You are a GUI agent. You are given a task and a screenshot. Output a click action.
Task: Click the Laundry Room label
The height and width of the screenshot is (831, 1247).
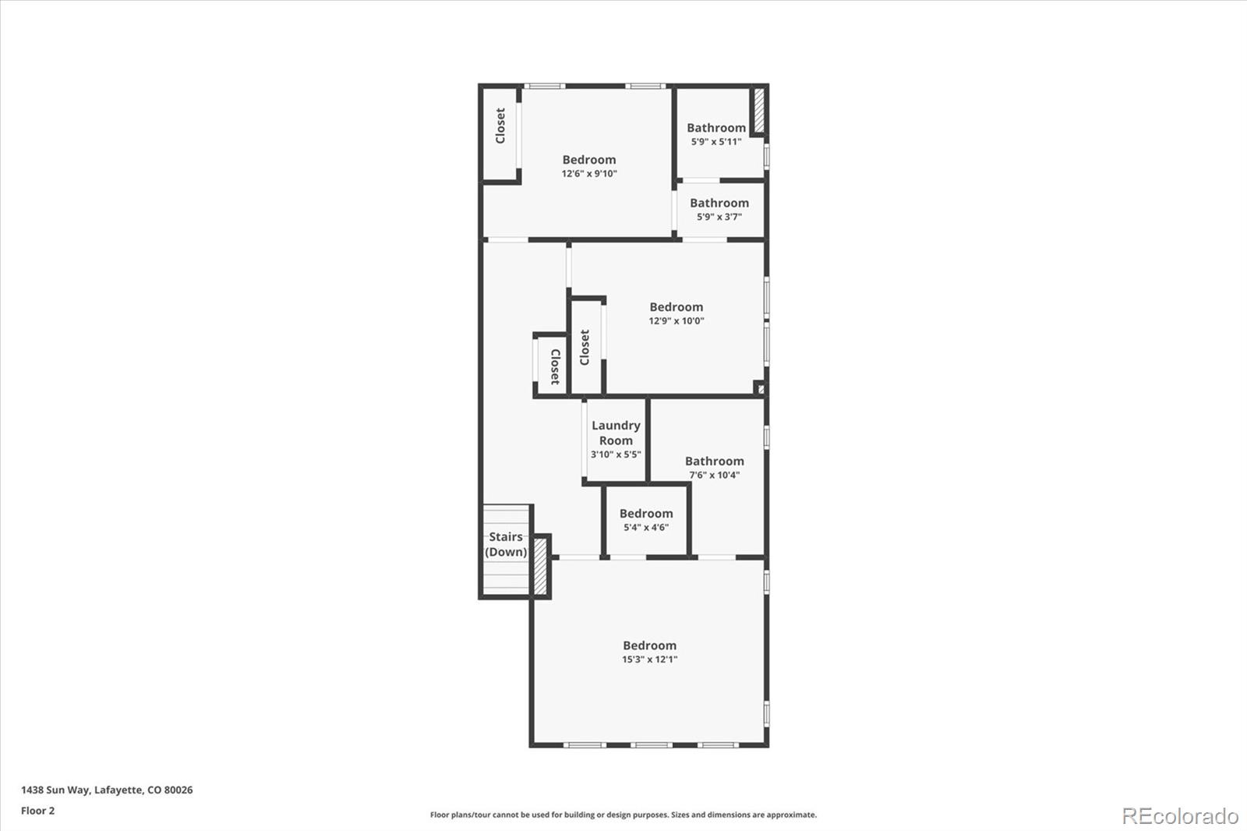[616, 433]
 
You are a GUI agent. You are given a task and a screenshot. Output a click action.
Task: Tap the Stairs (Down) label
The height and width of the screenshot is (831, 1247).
[506, 544]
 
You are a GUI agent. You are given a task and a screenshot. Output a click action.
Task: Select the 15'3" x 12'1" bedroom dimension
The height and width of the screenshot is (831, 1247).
[650, 659]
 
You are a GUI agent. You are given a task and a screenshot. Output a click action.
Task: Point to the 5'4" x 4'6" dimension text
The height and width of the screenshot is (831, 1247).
[646, 528]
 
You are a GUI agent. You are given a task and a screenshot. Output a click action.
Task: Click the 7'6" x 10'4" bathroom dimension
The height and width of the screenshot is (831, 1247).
[714, 475]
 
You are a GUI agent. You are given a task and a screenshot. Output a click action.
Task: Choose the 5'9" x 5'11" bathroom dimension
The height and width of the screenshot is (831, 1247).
[716, 142]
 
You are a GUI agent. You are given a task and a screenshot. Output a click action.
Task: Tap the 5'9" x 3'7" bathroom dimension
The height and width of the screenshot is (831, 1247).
[719, 217]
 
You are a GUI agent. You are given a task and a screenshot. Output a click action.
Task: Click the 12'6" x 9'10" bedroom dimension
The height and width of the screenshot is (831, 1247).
[589, 174]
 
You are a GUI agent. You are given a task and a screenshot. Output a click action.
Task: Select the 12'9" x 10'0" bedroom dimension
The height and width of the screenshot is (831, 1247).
[676, 321]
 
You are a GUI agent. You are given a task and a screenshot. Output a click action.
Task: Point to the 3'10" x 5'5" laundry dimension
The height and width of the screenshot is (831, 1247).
[616, 454]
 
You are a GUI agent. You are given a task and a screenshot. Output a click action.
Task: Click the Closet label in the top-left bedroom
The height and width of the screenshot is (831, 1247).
[500, 126]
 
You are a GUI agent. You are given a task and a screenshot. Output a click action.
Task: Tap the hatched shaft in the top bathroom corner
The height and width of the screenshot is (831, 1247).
[759, 110]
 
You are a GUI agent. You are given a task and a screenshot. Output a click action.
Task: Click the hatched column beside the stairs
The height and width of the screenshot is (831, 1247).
[540, 565]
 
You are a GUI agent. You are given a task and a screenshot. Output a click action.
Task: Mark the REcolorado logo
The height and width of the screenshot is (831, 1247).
[1180, 816]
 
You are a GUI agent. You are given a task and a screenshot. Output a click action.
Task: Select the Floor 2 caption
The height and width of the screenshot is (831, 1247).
[38, 811]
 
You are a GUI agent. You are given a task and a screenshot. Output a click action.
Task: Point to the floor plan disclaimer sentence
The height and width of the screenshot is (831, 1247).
[623, 815]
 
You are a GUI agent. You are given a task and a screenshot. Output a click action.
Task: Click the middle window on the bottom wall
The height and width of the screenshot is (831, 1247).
[652, 744]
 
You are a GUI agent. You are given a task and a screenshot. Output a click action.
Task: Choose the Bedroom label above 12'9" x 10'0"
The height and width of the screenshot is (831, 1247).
[676, 307]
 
